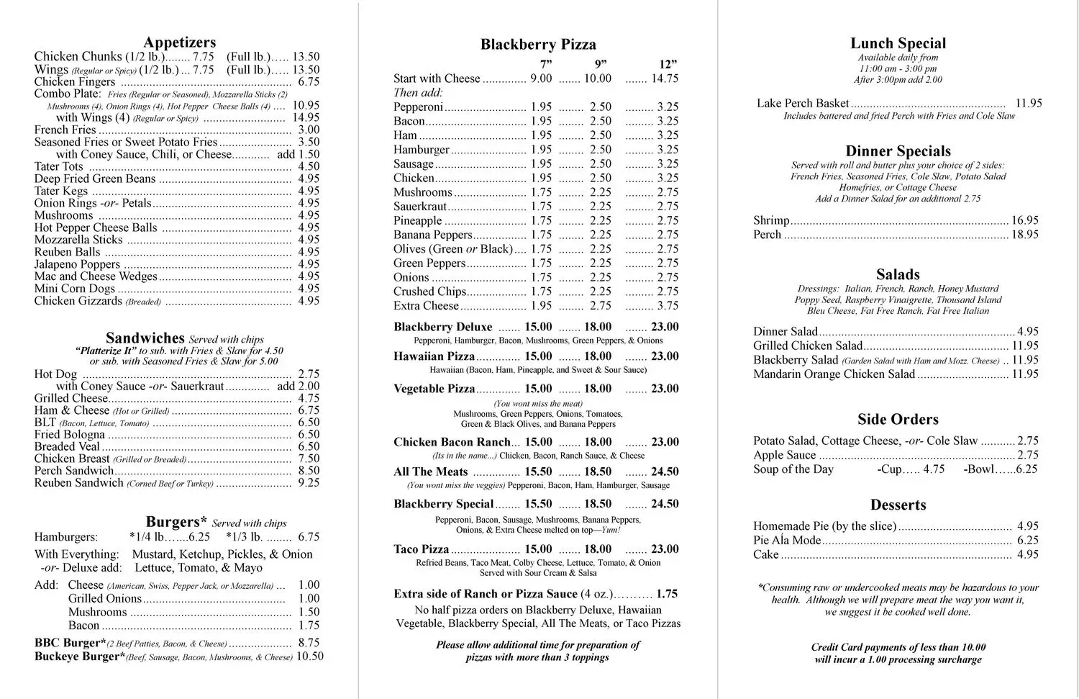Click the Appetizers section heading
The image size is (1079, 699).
(x=179, y=42)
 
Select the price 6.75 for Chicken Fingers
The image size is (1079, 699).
(x=309, y=81)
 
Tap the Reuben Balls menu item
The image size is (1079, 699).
(x=68, y=252)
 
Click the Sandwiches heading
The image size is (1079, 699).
(x=145, y=338)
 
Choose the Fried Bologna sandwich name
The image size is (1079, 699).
(x=70, y=434)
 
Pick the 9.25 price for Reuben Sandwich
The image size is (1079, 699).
(x=309, y=482)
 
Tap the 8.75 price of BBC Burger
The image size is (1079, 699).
(x=309, y=643)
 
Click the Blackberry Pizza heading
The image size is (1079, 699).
(x=538, y=45)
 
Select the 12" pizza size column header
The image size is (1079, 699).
(x=668, y=64)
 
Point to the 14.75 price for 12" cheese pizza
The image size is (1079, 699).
(x=665, y=78)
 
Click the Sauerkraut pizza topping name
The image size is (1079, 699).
(x=420, y=207)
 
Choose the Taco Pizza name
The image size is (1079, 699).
(x=421, y=549)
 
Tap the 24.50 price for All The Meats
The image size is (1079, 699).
(x=665, y=472)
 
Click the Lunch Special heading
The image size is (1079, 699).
(x=898, y=43)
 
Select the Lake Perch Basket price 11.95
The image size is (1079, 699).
(x=1028, y=103)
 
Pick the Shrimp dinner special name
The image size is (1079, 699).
(x=771, y=220)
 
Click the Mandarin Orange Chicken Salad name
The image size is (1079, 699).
(x=834, y=374)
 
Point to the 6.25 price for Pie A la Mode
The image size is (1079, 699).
(x=1027, y=540)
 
